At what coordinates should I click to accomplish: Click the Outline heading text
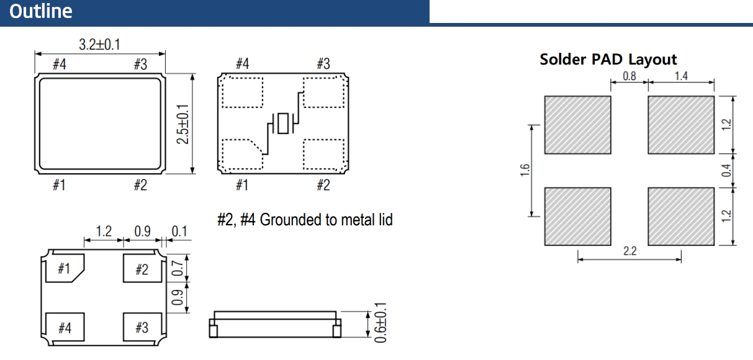pyautogui.click(x=41, y=12)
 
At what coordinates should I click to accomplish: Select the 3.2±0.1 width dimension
pyautogui.click(x=100, y=45)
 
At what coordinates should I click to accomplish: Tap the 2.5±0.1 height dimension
pyautogui.click(x=182, y=124)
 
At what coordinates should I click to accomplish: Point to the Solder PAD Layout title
pyautogui.click(x=608, y=60)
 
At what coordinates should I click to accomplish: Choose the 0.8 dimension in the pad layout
pyautogui.click(x=629, y=77)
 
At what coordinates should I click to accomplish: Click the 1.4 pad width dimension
pyautogui.click(x=680, y=77)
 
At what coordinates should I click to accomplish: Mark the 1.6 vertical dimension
pyautogui.click(x=523, y=170)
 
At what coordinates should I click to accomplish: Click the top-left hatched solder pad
pyautogui.click(x=577, y=125)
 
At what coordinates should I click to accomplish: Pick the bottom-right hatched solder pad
pyautogui.click(x=681, y=215)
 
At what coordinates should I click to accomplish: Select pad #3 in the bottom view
pyautogui.click(x=142, y=327)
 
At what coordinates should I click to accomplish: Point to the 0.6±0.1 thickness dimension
pyautogui.click(x=381, y=323)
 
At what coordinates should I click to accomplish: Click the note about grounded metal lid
pyautogui.click(x=305, y=220)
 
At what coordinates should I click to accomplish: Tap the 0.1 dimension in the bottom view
pyautogui.click(x=179, y=232)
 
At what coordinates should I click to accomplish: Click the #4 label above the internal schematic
pyautogui.click(x=242, y=64)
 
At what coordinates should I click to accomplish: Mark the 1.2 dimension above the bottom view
pyautogui.click(x=103, y=232)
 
